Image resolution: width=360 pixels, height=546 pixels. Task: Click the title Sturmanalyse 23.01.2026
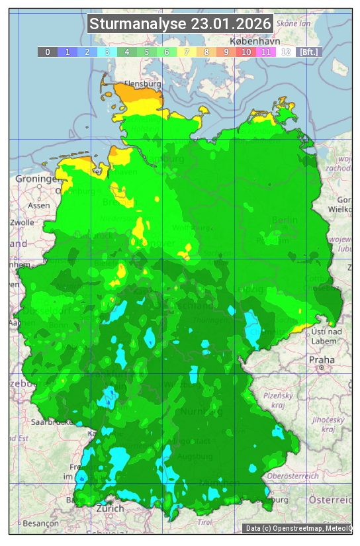coord(180,24)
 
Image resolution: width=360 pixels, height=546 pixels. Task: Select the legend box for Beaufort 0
coord(48,52)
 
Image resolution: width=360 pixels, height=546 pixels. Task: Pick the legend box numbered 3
coord(107,52)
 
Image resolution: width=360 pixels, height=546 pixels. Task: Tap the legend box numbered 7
coord(187,52)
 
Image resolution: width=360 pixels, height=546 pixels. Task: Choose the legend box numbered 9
coord(226,52)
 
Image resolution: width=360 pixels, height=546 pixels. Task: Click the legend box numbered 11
coord(266,52)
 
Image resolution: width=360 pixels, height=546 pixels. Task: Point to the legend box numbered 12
coord(286,52)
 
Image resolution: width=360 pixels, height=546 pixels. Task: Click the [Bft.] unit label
coord(308,52)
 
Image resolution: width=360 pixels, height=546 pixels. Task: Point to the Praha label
coord(321,360)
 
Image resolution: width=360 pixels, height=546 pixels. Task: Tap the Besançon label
coord(40,523)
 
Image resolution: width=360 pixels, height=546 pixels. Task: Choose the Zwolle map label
coord(22,222)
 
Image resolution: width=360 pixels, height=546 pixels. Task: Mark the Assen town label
coord(39,205)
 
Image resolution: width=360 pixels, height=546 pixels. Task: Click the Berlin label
coord(285,220)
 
